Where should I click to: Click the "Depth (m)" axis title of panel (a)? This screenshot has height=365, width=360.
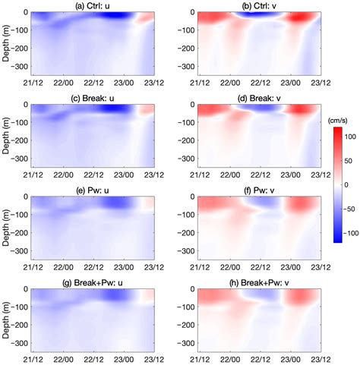[x=6, y=43]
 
